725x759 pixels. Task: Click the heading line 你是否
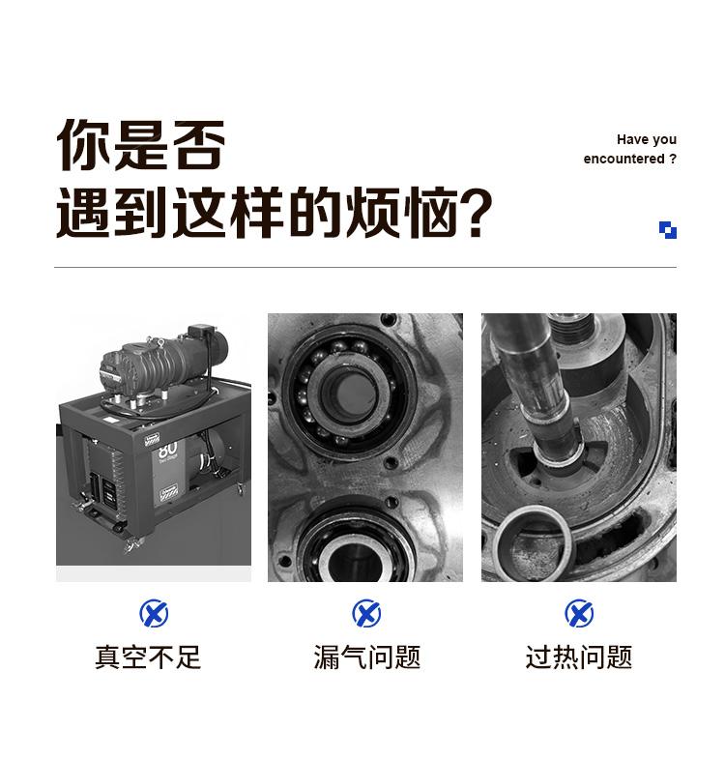coord(140,145)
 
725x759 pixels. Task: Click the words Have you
coord(646,139)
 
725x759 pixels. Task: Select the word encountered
coord(623,159)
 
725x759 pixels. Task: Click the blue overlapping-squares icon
coord(668,230)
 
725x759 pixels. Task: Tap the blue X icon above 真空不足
coord(154,613)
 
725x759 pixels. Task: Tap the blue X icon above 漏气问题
coord(366,613)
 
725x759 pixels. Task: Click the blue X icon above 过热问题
coord(579,613)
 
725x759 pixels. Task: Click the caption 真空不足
coord(148,657)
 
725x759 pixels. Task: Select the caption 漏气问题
coord(367,657)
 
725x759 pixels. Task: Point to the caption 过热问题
coord(579,657)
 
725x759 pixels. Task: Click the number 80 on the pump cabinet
coord(167,449)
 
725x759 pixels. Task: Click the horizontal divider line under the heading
coord(365,267)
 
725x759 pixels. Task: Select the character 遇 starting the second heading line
coord(84,213)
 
